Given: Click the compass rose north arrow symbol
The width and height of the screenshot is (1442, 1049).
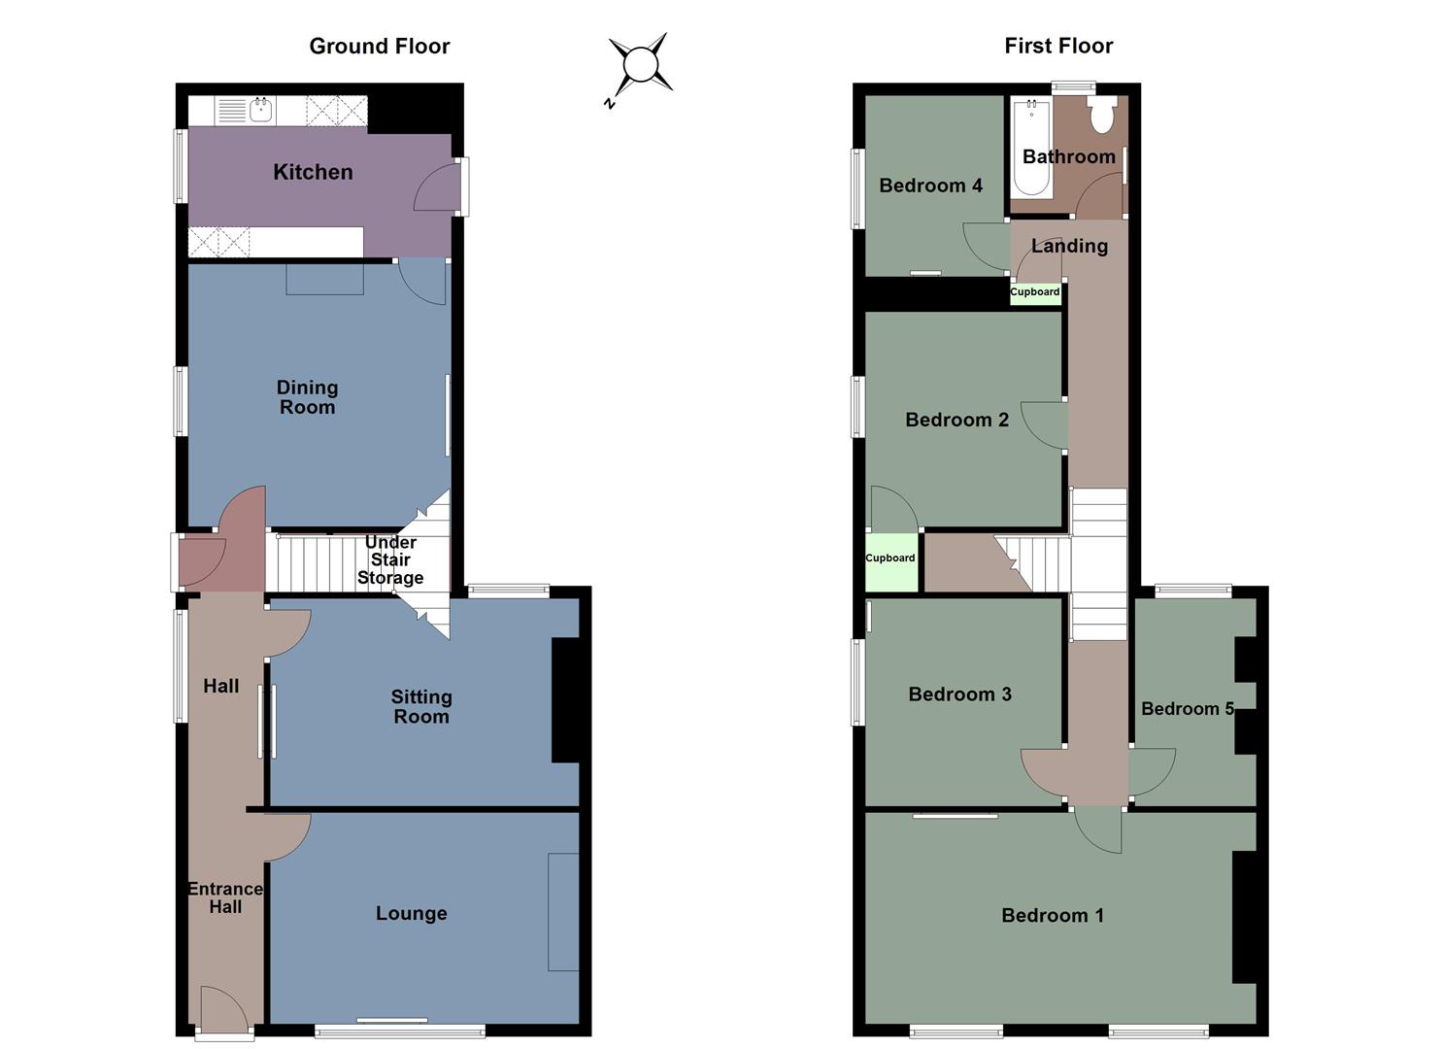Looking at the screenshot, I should [640, 66].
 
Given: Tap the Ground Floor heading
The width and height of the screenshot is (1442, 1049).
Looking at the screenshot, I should [379, 46].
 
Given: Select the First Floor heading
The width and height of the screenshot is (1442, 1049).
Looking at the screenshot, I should [1058, 46].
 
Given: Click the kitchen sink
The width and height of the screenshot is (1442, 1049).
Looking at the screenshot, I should [260, 110].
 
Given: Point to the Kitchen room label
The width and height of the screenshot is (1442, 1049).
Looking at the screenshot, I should [313, 172].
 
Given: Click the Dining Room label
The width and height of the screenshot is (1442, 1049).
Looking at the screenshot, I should [307, 397].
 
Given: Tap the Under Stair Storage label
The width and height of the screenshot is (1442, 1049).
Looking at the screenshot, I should [390, 560].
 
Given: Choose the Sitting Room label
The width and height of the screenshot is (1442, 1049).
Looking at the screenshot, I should [420, 706].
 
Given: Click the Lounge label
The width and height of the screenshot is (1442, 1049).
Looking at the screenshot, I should [412, 913].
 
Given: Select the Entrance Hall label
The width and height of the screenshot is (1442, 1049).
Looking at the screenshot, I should [225, 897].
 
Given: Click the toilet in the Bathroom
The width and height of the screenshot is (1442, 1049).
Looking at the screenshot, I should [1102, 116].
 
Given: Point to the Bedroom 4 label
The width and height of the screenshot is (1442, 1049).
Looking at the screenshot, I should [930, 185].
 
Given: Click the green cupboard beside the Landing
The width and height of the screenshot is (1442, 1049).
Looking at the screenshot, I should [1035, 292].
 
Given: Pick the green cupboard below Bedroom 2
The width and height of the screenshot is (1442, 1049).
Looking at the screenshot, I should [890, 561].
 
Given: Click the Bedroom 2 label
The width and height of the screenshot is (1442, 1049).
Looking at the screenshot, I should [956, 420].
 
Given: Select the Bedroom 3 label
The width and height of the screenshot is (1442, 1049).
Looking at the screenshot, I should [959, 694].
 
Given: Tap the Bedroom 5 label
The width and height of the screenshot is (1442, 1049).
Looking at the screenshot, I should [1187, 708].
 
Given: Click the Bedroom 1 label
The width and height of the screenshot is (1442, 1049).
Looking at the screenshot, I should [1053, 915].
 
